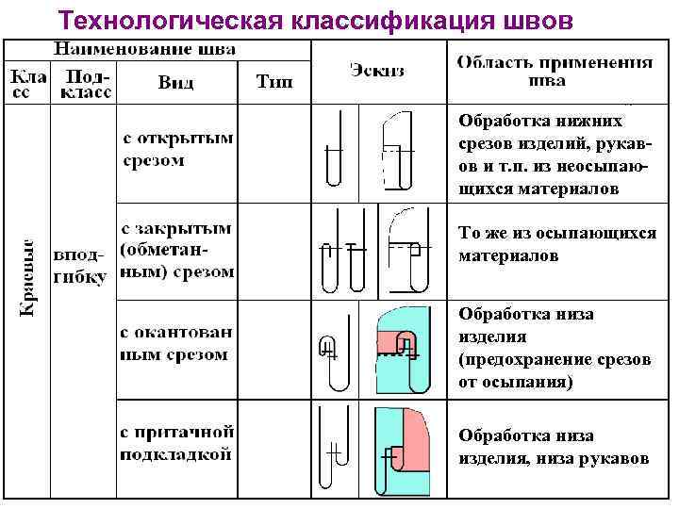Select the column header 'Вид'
coord(176,82)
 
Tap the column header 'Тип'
coord(274,82)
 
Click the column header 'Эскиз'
coord(378,70)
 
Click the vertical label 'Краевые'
coord(29,276)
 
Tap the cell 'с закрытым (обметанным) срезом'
coord(176,250)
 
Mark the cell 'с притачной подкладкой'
coord(176,442)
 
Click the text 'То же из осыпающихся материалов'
coord(556,244)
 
